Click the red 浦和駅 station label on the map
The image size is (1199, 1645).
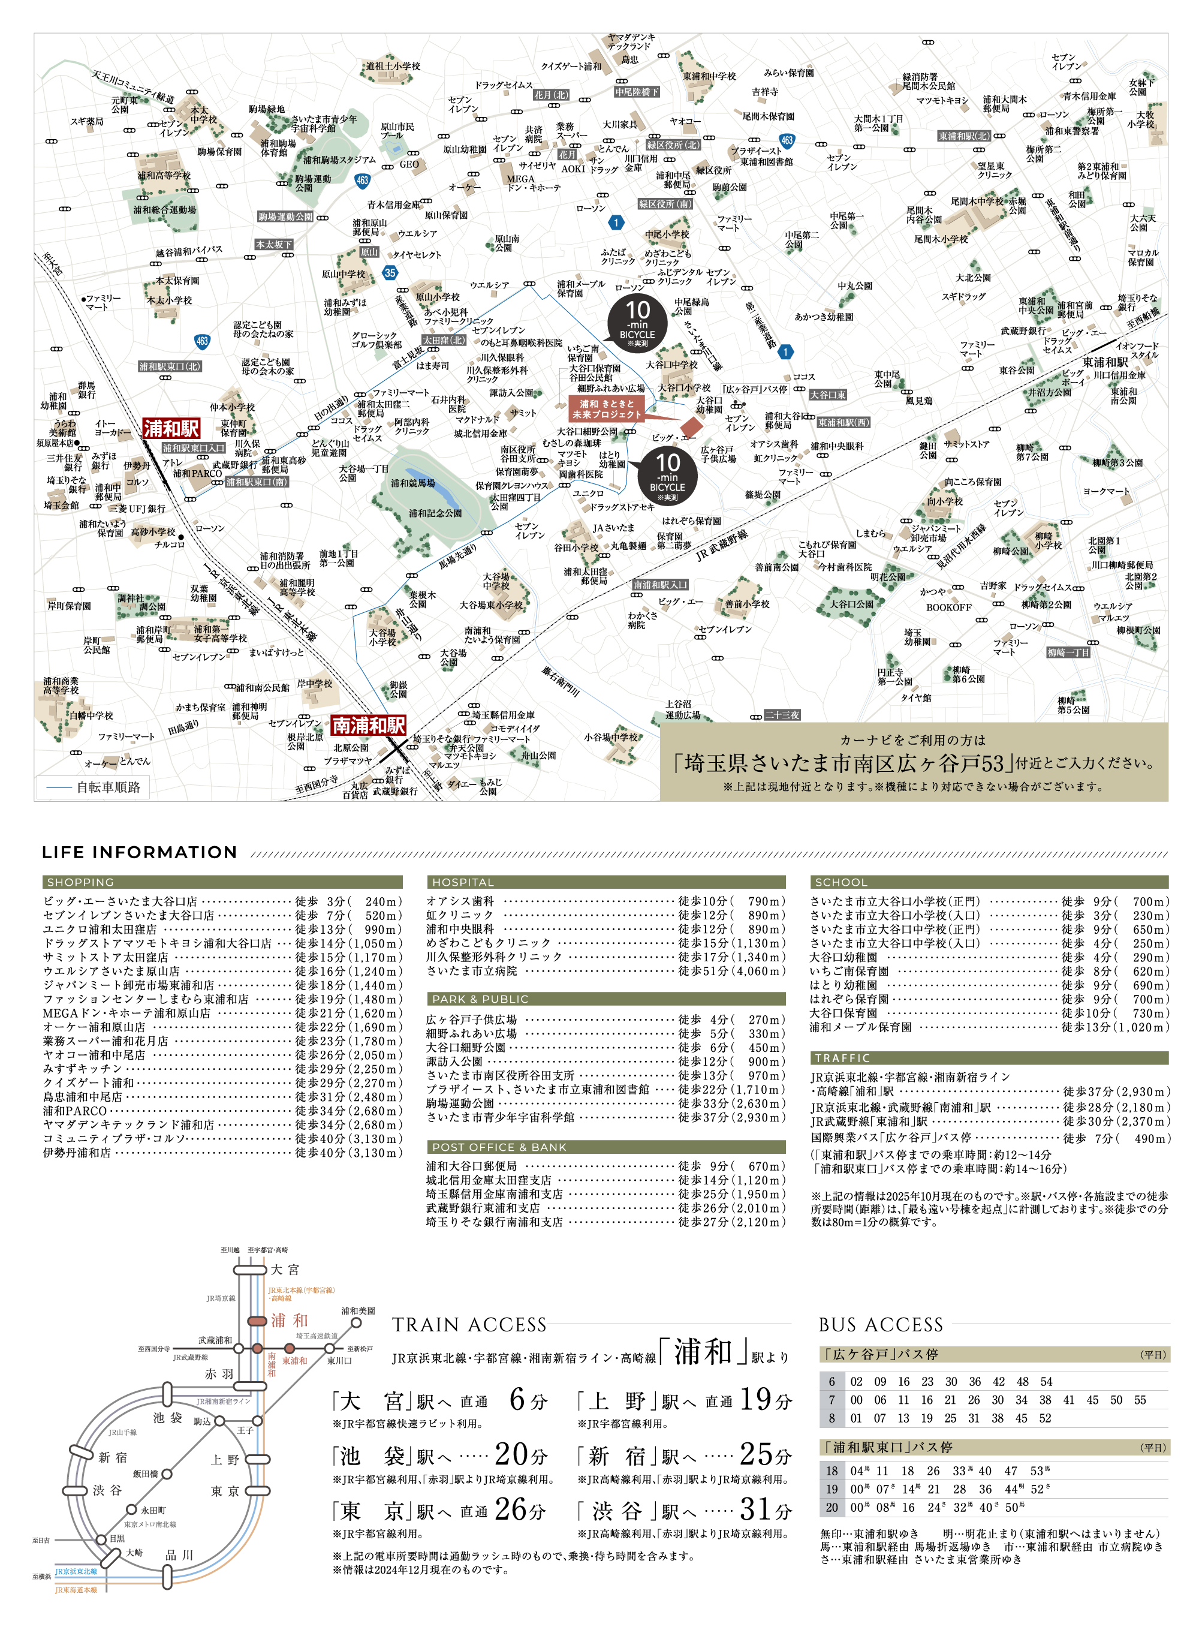pos(171,428)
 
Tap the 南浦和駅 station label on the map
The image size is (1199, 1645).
pos(368,725)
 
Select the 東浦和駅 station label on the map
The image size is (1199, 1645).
pos(1105,362)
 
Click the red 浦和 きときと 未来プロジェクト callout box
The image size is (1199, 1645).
pos(607,410)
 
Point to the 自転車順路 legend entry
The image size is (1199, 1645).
pos(94,787)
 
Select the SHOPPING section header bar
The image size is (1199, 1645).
pos(222,882)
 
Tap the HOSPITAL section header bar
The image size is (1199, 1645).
pos(606,882)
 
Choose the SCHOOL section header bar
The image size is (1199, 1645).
pos(989,882)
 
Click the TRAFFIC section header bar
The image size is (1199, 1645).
pos(989,1058)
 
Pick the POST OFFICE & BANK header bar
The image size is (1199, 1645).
pos(606,1147)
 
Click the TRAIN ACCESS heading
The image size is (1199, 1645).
pos(469,1325)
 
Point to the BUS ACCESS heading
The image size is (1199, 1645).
pos(881,1325)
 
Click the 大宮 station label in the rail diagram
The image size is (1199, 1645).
pos(285,1270)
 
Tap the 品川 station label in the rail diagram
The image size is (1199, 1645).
pos(179,1554)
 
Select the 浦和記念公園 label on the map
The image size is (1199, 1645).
pos(435,513)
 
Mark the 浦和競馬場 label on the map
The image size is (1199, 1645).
pos(413,483)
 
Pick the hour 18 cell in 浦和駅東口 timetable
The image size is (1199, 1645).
pos(832,1470)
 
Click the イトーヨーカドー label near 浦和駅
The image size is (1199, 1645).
pos(113,428)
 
